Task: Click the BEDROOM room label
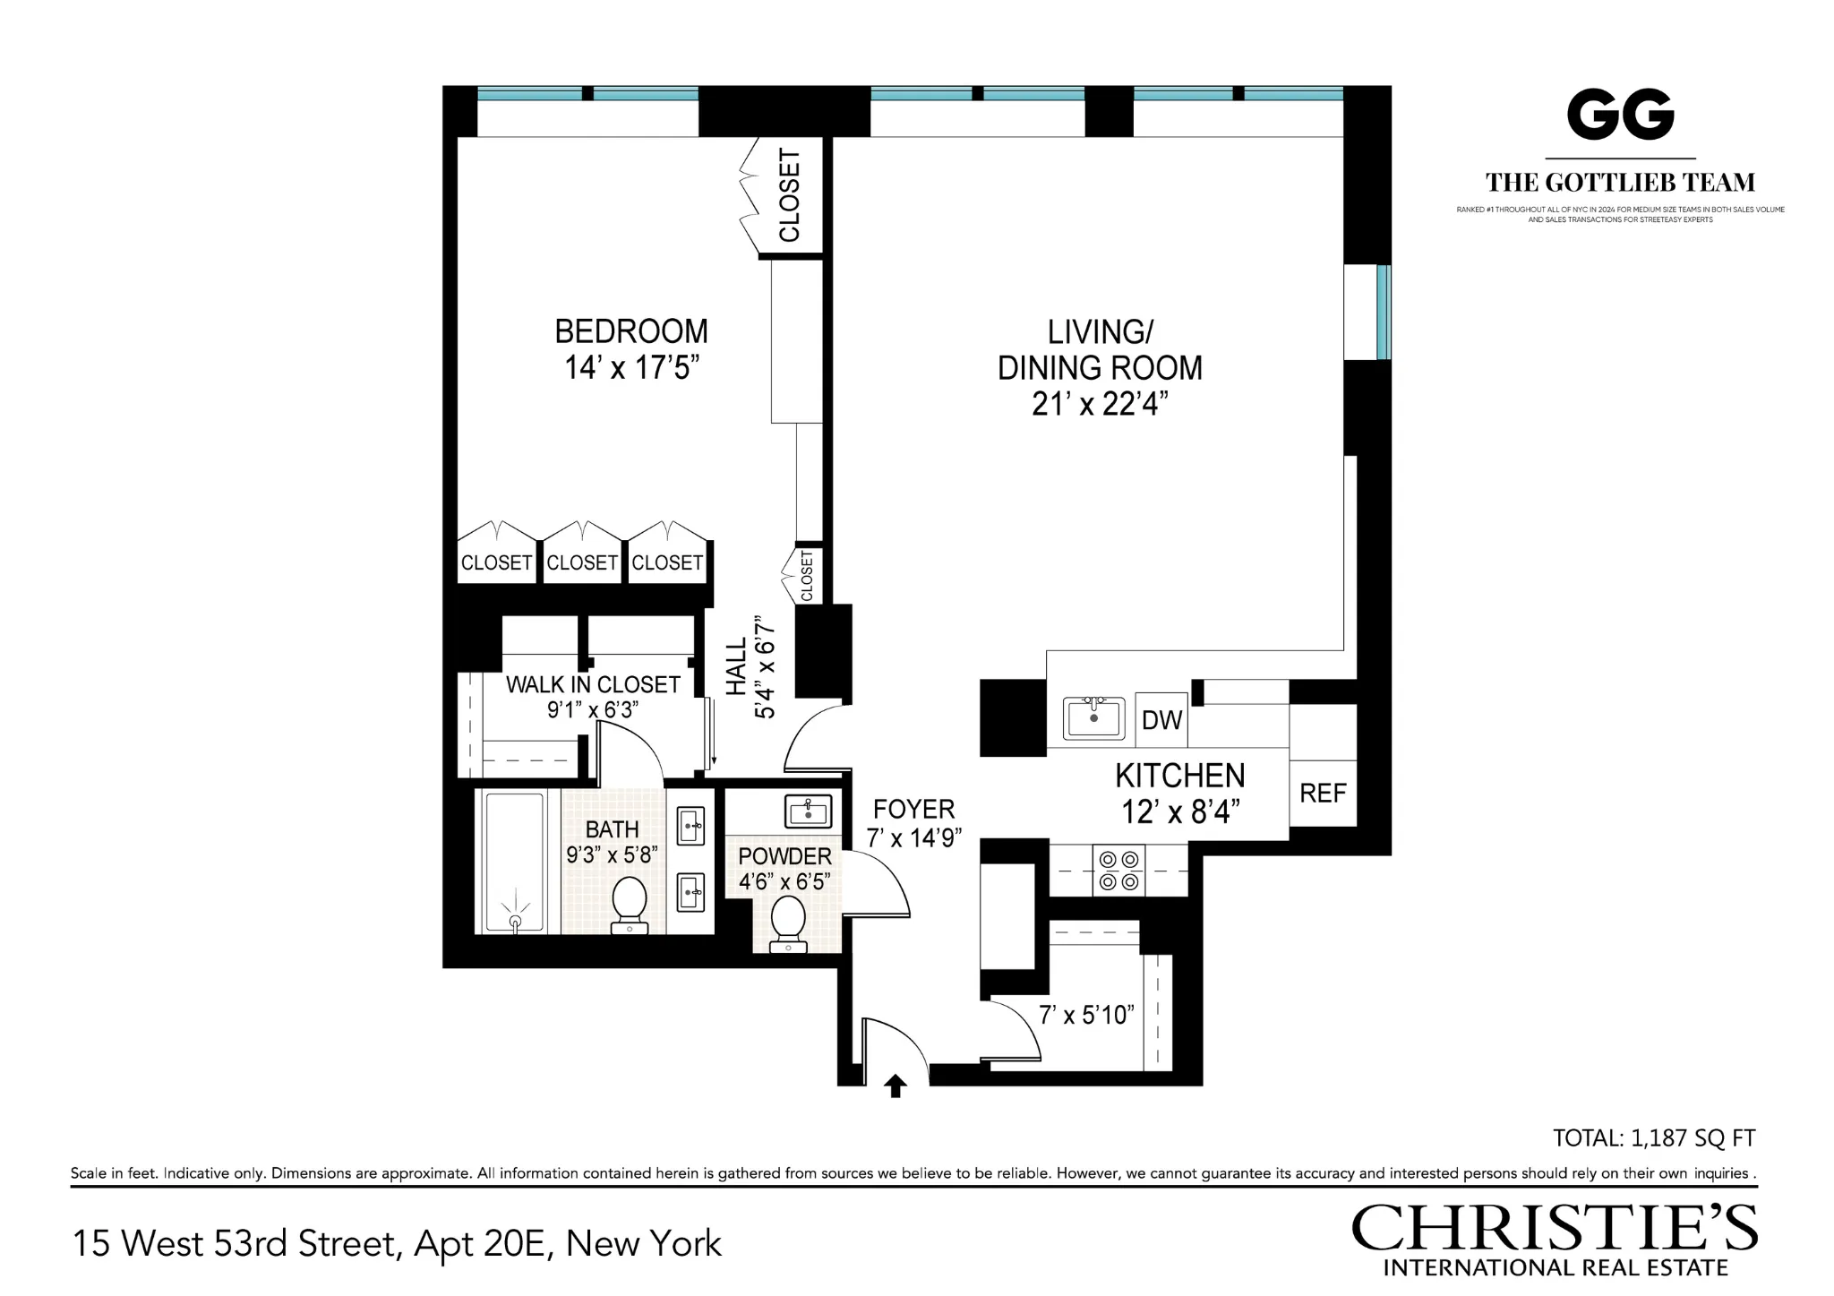(x=630, y=331)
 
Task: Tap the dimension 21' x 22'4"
(x=1100, y=405)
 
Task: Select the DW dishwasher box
(x=1161, y=719)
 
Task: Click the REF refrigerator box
(x=1323, y=794)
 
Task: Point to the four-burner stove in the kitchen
(x=1119, y=871)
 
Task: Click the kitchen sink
(x=1093, y=717)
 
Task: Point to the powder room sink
(x=809, y=811)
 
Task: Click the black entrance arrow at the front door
(x=896, y=1086)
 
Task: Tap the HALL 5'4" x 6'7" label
(x=750, y=666)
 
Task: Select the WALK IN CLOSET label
(x=593, y=685)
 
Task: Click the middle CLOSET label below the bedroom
(x=582, y=562)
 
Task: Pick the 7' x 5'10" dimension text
(x=1086, y=1015)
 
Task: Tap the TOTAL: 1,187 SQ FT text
(x=1653, y=1138)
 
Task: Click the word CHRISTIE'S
(x=1554, y=1229)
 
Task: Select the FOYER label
(x=913, y=810)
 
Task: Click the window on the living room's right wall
(x=1382, y=312)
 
